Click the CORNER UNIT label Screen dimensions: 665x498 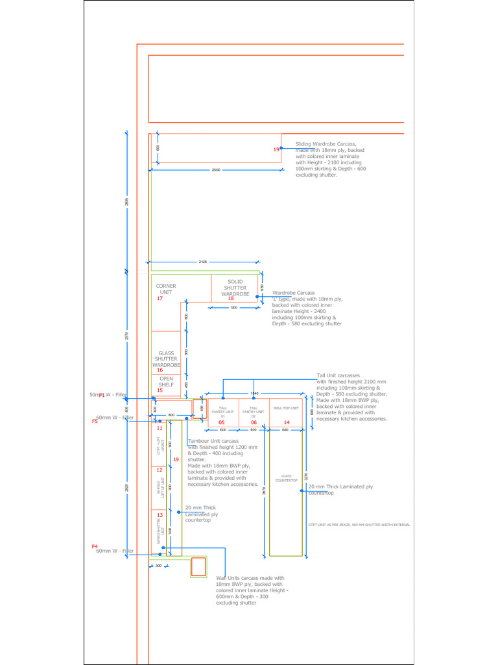coord(166,289)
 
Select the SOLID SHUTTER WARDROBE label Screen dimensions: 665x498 coord(235,288)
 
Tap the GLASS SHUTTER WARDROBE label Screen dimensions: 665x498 coord(166,359)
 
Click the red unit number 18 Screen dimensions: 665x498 coord(230,299)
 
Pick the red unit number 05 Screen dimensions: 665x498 coord(221,422)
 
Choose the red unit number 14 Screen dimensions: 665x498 coord(287,422)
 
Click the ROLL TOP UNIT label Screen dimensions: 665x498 coord(286,408)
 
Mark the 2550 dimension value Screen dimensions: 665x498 coord(216,170)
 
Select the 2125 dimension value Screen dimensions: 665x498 coord(203,262)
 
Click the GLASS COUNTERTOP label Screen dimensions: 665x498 coord(286,478)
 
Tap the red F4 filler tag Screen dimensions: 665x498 coord(95,546)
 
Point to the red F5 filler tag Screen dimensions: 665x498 coord(95,421)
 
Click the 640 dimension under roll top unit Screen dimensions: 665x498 coord(285,430)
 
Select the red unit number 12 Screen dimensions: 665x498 coord(160,470)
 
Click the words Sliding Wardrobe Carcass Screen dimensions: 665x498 coord(326,144)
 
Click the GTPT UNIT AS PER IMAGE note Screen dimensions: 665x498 coord(359,524)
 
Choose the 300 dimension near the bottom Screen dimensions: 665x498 coord(158,566)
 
